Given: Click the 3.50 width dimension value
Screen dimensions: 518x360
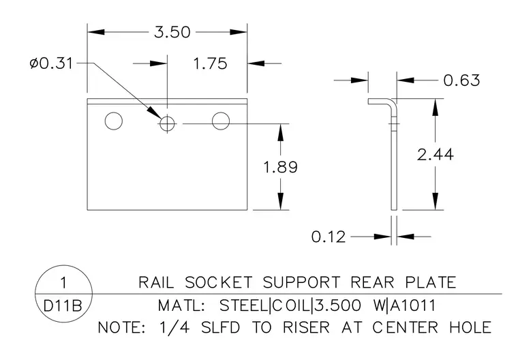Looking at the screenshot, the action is click(x=172, y=33).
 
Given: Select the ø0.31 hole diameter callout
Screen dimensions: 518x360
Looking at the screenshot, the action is click(x=51, y=63).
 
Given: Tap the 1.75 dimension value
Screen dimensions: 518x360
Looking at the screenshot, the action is click(x=210, y=63).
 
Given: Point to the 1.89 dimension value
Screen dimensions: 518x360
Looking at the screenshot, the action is click(x=281, y=167).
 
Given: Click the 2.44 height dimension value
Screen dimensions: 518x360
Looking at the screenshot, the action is click(x=435, y=154).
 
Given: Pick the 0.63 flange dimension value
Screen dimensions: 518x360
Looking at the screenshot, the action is click(x=461, y=80).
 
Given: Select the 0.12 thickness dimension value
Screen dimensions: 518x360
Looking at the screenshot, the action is click(x=329, y=237).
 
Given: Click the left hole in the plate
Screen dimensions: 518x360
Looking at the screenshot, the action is click(x=114, y=121).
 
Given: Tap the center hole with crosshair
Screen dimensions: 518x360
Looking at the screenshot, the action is click(x=167, y=123).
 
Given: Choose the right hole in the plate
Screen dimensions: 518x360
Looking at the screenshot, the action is click(x=221, y=121).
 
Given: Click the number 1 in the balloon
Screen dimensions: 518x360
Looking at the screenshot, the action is click(x=63, y=283).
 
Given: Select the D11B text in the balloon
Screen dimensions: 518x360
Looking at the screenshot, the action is click(x=63, y=306).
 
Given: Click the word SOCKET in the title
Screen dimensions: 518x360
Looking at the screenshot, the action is click(x=218, y=283).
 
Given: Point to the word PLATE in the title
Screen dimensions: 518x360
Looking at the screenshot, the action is click(x=431, y=283).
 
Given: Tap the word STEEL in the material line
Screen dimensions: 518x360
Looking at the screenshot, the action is click(x=244, y=305).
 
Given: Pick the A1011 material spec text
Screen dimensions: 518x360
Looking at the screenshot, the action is click(x=413, y=305).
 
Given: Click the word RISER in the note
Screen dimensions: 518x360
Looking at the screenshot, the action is click(x=306, y=327).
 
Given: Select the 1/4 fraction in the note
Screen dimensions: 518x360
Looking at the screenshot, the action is click(x=174, y=327).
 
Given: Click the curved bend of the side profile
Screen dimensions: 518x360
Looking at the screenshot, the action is click(x=394, y=102).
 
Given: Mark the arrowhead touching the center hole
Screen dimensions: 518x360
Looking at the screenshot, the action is click(x=154, y=112).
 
